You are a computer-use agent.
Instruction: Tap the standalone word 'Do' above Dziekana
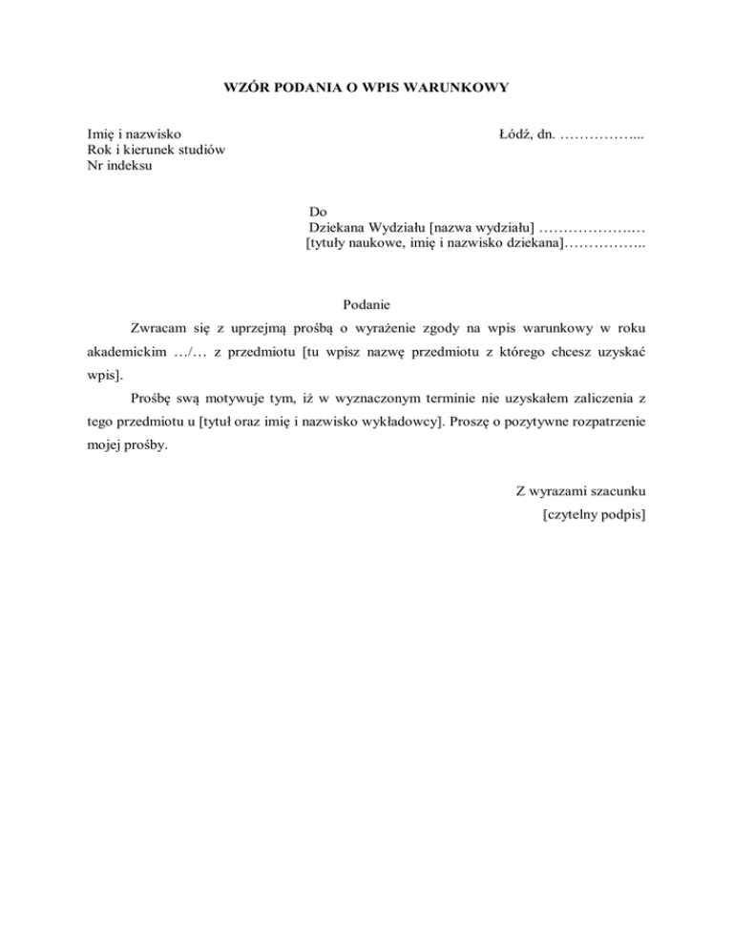318,210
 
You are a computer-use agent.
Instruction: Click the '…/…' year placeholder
189,352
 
